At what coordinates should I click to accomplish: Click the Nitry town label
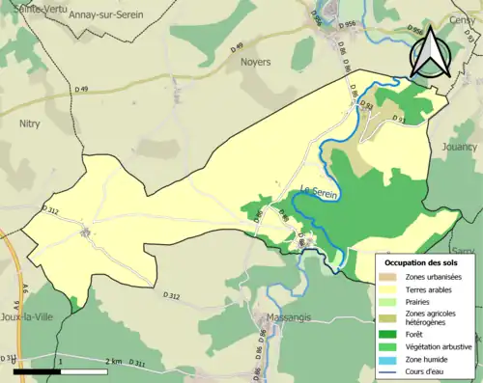(x=30, y=123)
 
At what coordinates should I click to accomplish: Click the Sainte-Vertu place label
(x=28, y=8)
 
